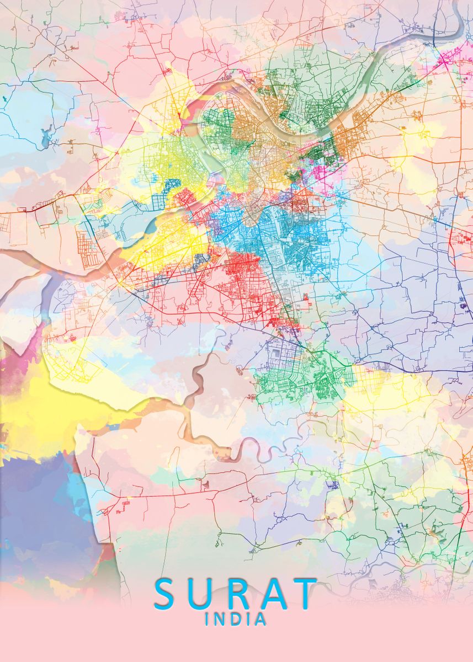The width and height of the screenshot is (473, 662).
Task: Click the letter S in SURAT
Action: (x=167, y=594)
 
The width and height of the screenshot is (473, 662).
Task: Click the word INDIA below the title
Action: (x=236, y=620)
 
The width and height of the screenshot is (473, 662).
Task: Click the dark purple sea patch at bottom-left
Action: (x=39, y=496)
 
